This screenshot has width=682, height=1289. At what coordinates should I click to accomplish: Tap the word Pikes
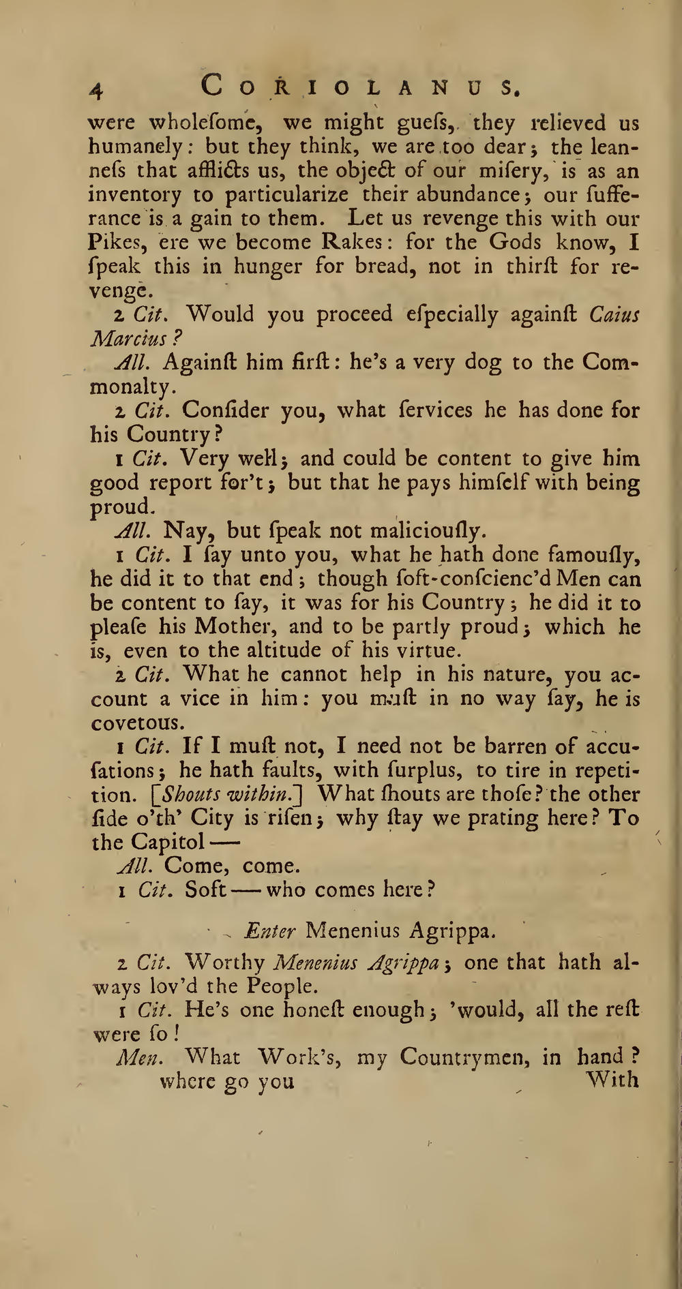(x=113, y=243)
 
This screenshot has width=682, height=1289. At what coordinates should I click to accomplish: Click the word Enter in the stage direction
(x=270, y=930)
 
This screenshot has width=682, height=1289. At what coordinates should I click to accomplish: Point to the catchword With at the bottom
(x=612, y=1080)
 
